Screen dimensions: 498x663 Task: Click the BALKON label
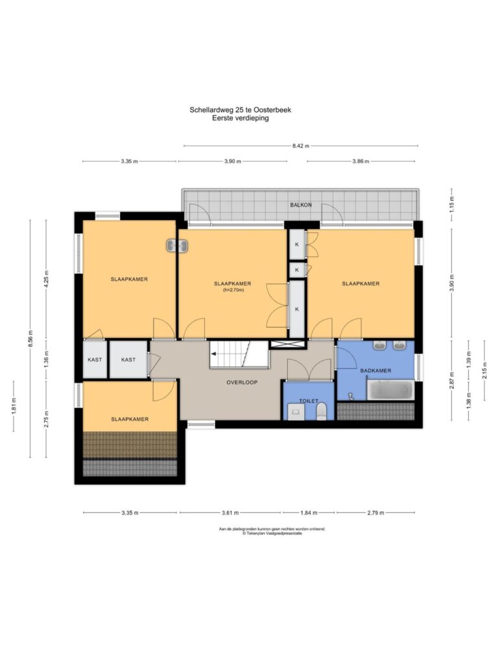(x=301, y=205)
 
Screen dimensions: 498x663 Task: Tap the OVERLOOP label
(x=242, y=382)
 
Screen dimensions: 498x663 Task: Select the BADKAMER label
(x=375, y=371)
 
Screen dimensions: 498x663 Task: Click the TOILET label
(x=309, y=401)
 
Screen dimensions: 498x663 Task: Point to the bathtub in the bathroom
(x=390, y=390)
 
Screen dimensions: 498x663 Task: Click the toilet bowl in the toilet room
(x=322, y=411)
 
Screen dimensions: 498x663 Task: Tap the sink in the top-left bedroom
(x=177, y=245)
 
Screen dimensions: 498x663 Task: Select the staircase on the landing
(x=239, y=355)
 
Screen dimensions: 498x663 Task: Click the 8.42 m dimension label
(x=301, y=146)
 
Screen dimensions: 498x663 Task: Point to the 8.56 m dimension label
(x=30, y=339)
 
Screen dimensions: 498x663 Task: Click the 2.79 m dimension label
(x=375, y=513)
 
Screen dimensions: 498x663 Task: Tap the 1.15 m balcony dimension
(x=451, y=205)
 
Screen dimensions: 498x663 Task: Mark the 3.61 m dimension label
(x=230, y=513)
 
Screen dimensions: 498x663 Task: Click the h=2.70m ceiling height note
(x=233, y=290)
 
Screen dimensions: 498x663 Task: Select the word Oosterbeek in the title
(x=272, y=110)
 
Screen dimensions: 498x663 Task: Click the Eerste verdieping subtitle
(x=241, y=118)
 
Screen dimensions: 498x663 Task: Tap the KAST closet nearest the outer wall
(x=95, y=360)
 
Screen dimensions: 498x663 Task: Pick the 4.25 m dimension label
(x=47, y=278)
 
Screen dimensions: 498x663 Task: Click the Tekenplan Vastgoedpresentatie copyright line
(x=272, y=534)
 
